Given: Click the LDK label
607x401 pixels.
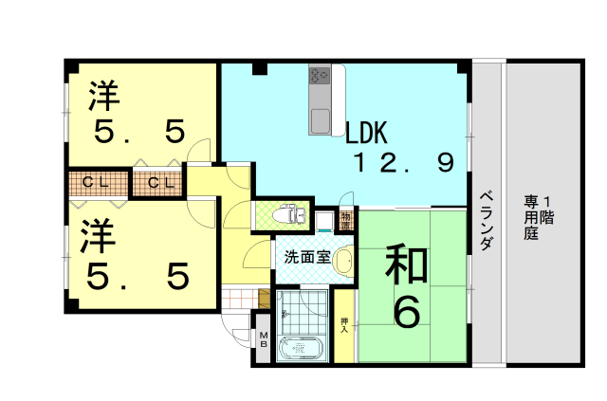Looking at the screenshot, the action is click(366, 133).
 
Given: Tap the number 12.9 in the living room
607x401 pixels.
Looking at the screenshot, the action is click(404, 162).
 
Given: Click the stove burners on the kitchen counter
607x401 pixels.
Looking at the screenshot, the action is click(320, 76).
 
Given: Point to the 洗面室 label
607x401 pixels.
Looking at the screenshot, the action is click(307, 257).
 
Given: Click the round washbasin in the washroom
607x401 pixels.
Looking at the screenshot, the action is click(342, 262).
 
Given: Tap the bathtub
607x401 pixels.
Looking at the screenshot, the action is click(300, 348).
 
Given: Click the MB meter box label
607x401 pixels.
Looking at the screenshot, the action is click(264, 339).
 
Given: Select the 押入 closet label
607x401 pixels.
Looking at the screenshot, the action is click(343, 325).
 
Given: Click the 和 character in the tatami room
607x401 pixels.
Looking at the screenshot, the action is click(407, 264).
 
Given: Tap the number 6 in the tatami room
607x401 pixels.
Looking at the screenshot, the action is click(407, 313).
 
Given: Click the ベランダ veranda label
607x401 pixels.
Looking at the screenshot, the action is click(487, 221).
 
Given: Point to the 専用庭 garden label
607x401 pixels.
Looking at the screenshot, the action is click(539, 217).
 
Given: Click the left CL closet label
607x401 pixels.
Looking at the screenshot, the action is click(96, 182).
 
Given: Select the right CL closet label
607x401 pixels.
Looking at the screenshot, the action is click(161, 182).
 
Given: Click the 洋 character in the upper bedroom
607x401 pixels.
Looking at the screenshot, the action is click(104, 96).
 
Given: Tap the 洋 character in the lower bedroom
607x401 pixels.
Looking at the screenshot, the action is click(99, 236).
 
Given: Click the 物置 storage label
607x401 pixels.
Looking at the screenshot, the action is click(346, 221).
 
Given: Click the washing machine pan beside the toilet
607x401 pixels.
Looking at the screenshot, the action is click(324, 222).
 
